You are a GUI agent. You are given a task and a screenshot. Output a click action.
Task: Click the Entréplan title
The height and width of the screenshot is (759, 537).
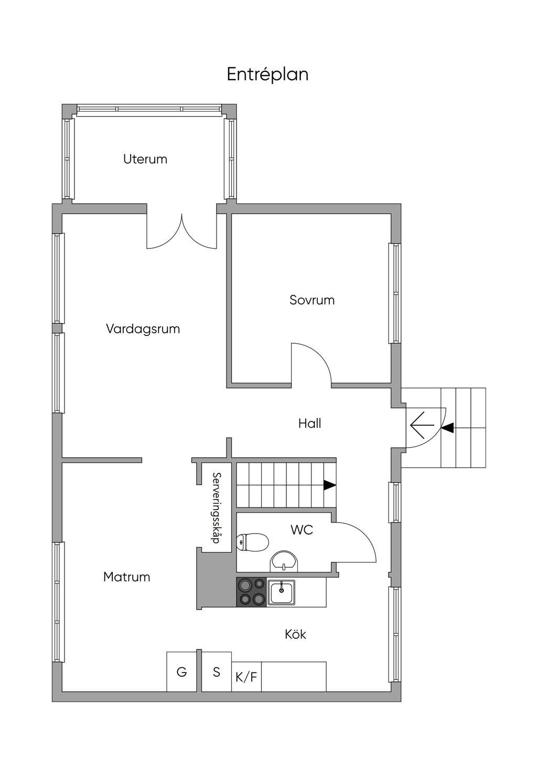pos(267,74)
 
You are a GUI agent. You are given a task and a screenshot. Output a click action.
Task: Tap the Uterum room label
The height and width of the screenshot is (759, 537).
pos(145,159)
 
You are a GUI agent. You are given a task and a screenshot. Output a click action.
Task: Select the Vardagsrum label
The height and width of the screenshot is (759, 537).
pos(143,329)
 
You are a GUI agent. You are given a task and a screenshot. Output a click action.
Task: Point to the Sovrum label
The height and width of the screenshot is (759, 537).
pos(312,300)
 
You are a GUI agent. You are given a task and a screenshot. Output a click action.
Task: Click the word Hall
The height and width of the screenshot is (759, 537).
pos(309,424)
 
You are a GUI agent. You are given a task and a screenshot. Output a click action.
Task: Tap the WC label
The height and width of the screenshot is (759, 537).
pos(302,530)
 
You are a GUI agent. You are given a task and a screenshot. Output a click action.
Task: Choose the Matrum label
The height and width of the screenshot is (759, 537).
pos(126,577)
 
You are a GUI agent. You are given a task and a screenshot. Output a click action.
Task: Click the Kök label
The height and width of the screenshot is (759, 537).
pos(295,634)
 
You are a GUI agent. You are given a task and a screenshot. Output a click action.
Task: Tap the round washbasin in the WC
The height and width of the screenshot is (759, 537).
pos(284,561)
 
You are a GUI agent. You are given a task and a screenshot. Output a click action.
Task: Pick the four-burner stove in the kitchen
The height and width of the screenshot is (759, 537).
pos(252,591)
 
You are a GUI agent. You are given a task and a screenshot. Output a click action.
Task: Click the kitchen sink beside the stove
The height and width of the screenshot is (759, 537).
pos(281,592)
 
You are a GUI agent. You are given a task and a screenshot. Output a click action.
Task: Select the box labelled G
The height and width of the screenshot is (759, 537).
pos(181,671)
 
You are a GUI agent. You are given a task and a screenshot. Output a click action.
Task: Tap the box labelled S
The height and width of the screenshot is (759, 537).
pos(217,671)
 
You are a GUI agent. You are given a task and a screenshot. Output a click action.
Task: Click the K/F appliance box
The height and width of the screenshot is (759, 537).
pos(246,677)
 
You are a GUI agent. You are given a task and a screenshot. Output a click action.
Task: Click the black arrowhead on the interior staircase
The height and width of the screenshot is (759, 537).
pos(329,485)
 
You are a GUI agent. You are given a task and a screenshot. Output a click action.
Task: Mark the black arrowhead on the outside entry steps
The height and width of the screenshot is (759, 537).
pos(447,428)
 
